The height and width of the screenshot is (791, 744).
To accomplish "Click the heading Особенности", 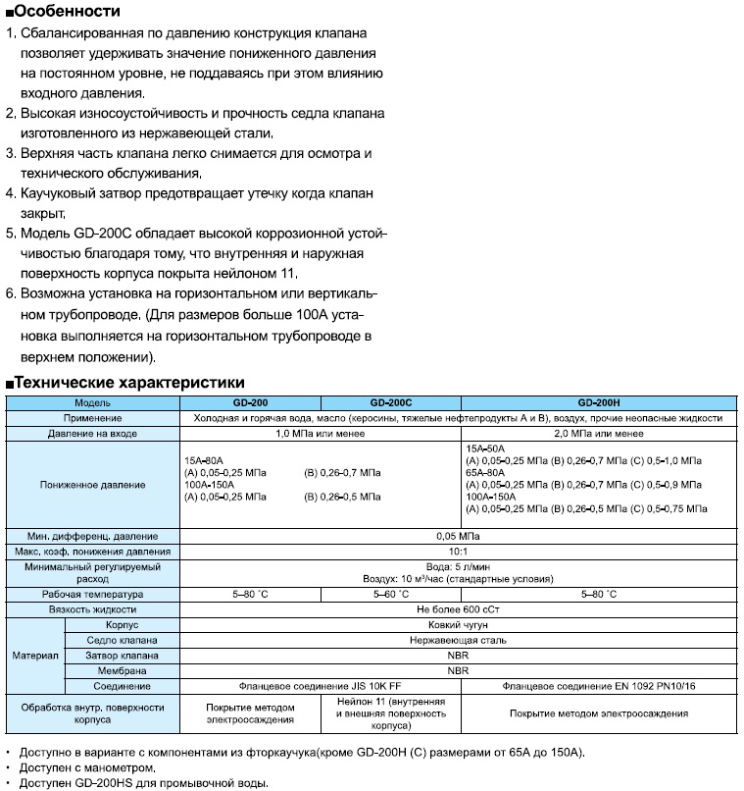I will (x=69, y=12).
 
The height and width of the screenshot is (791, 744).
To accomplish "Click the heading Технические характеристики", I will (x=129, y=382).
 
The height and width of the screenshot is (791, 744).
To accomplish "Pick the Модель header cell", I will (x=94, y=403).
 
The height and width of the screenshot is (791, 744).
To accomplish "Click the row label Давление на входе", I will (x=94, y=433).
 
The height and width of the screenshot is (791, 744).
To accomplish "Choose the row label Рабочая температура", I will (x=94, y=595).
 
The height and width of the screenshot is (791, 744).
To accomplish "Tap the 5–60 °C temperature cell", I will (x=390, y=595).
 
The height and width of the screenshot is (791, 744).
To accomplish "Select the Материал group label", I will (x=35, y=654).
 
